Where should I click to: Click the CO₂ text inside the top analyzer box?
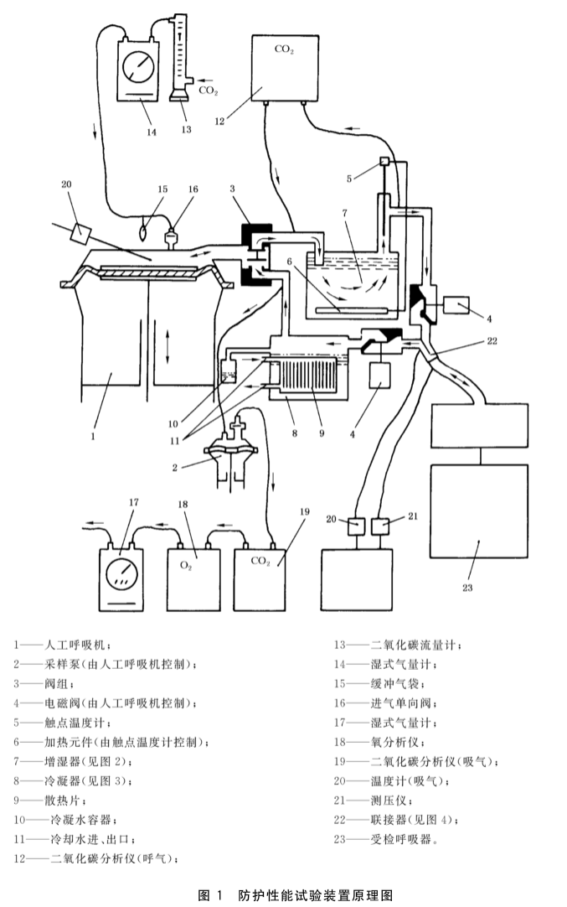tap(284, 49)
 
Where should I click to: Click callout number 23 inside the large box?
tap(466, 588)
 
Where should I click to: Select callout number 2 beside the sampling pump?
tap(174, 467)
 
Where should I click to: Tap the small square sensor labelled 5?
tap(386, 162)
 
